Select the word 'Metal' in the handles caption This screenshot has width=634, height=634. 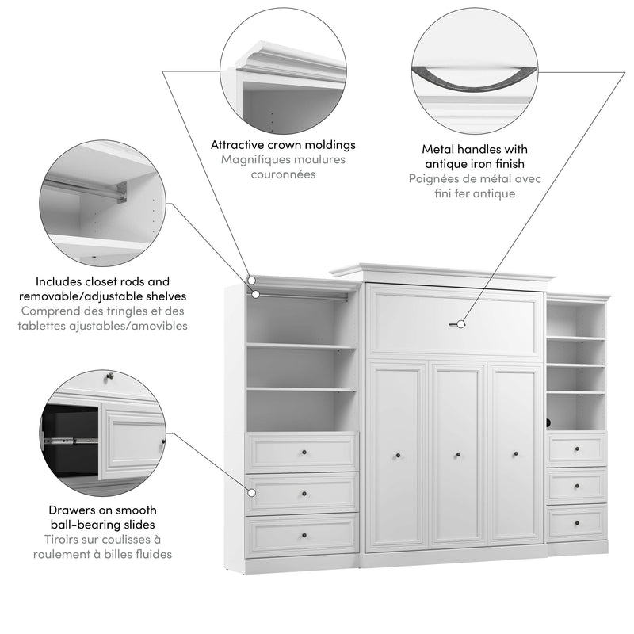439,149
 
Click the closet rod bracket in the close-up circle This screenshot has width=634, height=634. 120,191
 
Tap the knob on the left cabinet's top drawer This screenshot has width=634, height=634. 303,452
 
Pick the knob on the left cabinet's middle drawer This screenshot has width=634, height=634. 303,494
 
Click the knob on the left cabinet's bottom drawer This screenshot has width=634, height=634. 303,535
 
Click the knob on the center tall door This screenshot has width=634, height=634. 457,455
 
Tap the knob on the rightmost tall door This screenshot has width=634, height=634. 516,455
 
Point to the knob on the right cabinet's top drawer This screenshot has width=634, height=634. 576,449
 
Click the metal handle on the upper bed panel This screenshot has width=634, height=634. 455,323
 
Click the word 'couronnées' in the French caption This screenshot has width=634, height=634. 283,174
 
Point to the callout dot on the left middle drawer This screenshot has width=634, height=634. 251,492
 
